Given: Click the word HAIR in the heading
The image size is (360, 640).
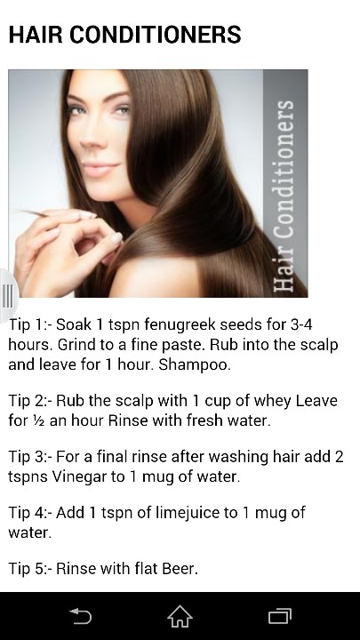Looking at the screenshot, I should tap(36, 35).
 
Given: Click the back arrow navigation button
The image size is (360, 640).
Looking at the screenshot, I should tap(80, 615).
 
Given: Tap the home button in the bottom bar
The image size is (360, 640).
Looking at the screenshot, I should tap(180, 615).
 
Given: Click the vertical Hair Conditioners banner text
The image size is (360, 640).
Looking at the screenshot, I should tap(284, 196).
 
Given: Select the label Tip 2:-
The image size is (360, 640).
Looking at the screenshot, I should tap(29, 401).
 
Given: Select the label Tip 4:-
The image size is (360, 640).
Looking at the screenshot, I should tap(29, 513).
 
